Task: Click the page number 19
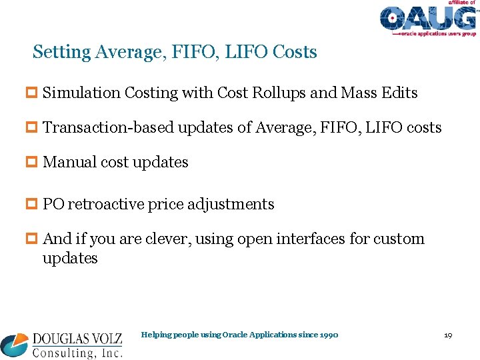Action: click(x=448, y=335)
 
